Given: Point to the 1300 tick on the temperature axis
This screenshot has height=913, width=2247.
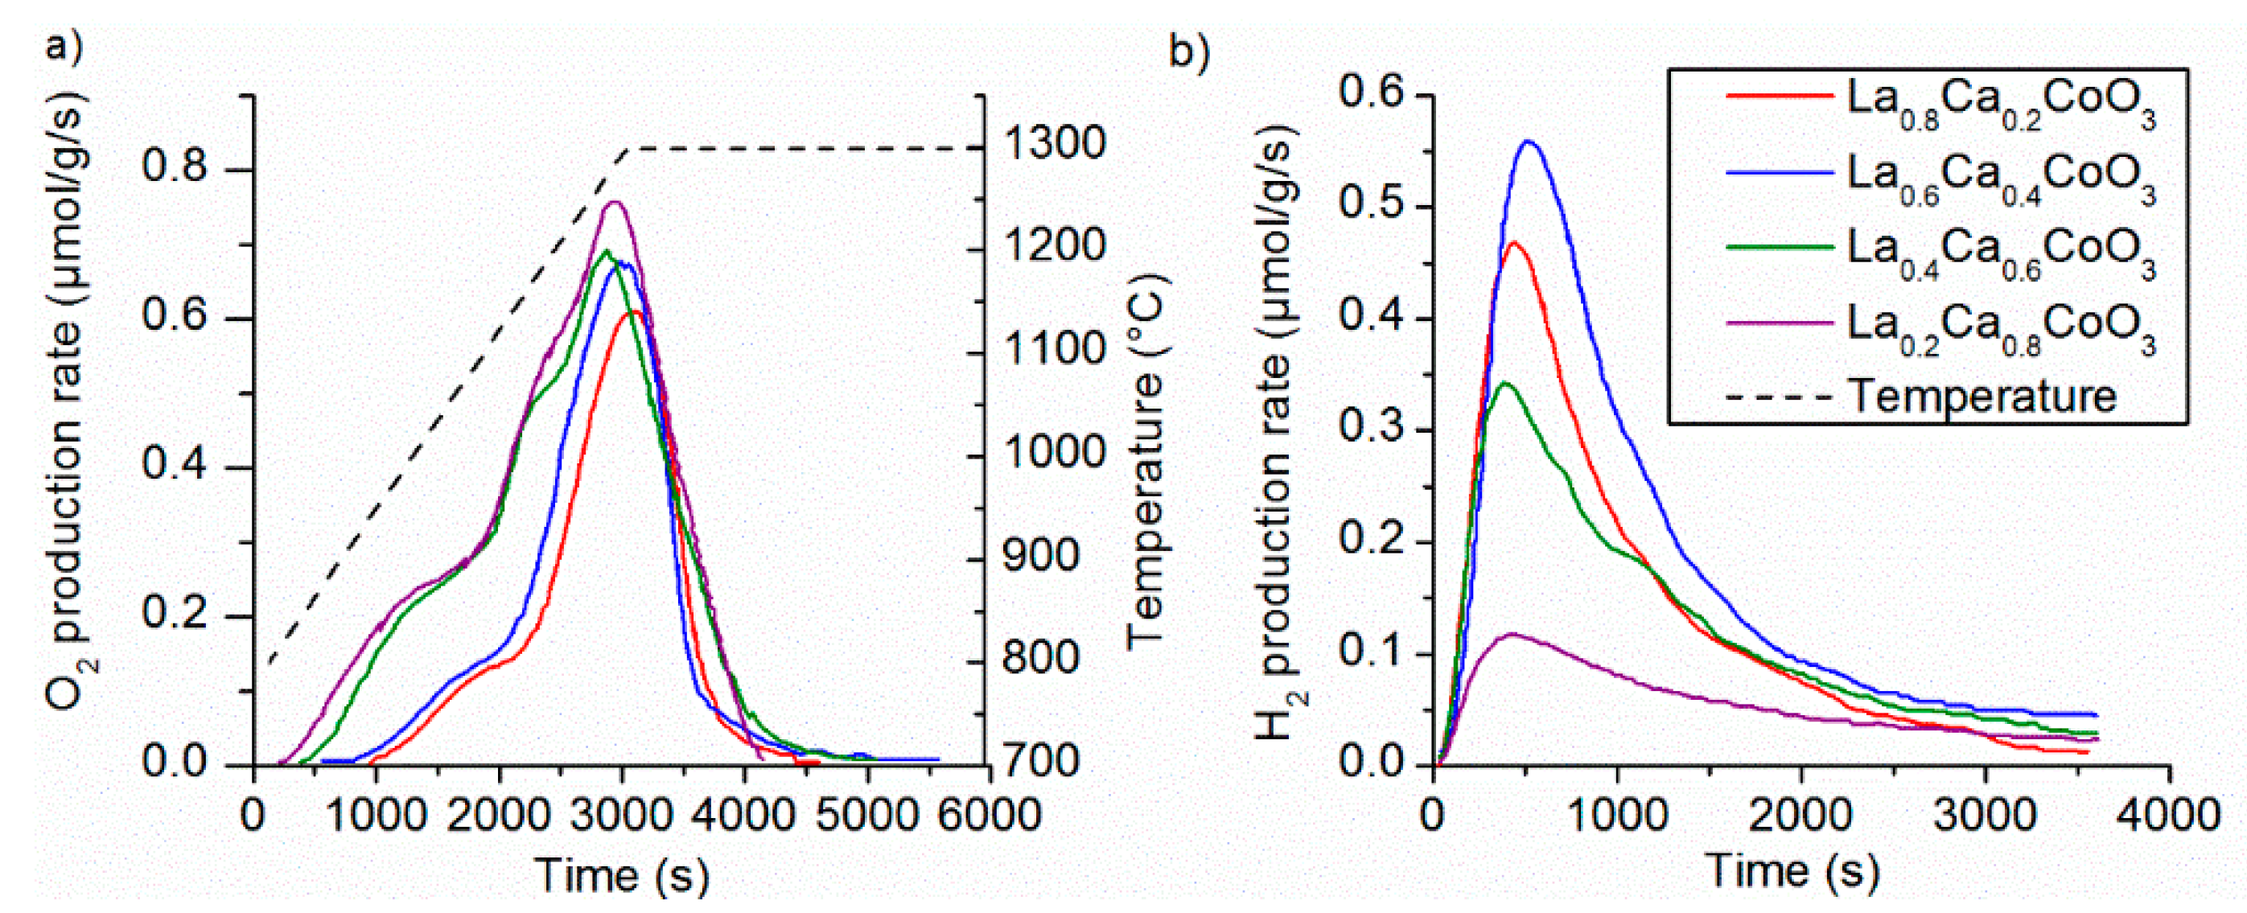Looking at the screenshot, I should (x=1054, y=144).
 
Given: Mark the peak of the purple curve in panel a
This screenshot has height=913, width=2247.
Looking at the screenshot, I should (x=614, y=202).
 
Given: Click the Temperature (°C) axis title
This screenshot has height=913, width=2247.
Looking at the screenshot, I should (x=1146, y=463).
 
